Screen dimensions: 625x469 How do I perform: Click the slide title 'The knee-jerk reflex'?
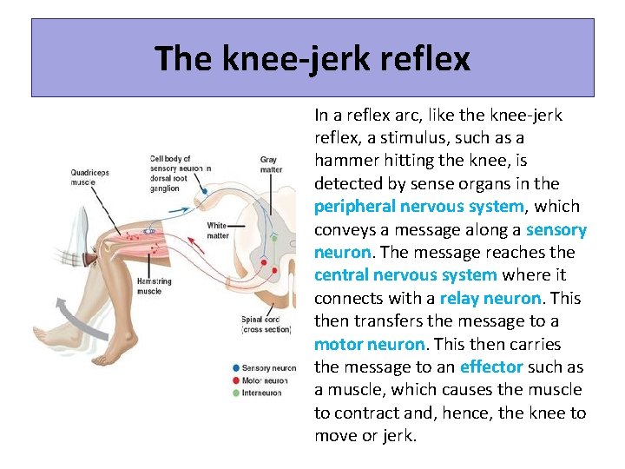click(x=312, y=58)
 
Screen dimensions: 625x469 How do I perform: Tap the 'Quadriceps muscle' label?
click(x=90, y=178)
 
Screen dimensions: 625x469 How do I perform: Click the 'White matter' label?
click(x=218, y=230)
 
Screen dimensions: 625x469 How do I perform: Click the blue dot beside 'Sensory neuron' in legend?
click(x=236, y=368)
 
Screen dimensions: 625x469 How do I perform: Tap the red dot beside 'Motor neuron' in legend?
click(x=236, y=380)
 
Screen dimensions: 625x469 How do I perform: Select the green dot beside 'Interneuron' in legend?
click(x=236, y=392)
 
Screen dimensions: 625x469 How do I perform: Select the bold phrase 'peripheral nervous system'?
click(x=418, y=207)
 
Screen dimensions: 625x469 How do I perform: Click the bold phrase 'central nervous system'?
click(x=405, y=275)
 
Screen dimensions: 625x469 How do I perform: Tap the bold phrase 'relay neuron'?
click(x=490, y=298)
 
